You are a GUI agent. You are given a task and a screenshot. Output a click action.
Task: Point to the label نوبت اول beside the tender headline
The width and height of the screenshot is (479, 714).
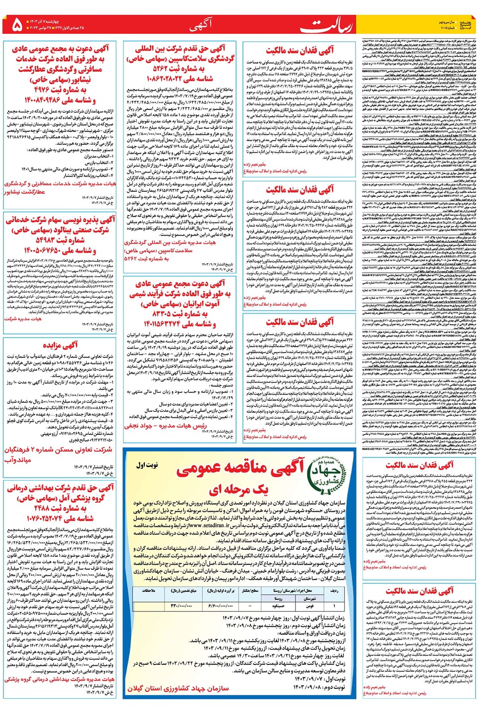pyautogui.click(x=147, y=465)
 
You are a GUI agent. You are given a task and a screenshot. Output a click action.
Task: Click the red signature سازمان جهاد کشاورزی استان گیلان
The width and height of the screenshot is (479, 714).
pyautogui.click(x=178, y=688)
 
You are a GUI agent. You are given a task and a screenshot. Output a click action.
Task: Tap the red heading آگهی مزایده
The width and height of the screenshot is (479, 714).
pyautogui.click(x=60, y=345)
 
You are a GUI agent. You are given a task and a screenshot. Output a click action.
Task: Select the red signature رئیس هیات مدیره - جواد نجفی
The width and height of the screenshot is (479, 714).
pyautogui.click(x=165, y=425)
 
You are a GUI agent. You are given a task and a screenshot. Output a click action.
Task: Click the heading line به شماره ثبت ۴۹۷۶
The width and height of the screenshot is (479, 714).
pyautogui.click(x=60, y=90)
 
